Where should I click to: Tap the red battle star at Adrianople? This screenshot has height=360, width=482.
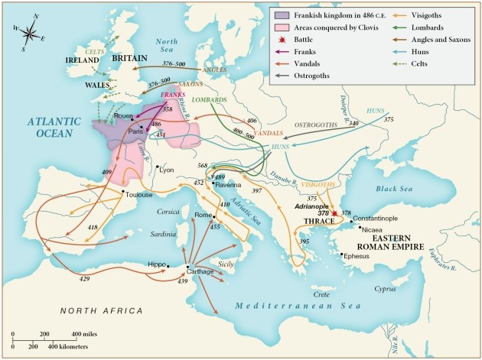tap(335, 214)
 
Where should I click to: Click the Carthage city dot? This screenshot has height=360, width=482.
tap(188, 266)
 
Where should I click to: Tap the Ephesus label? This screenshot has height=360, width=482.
tap(357, 255)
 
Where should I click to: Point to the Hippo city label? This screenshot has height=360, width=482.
tap(156, 263)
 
